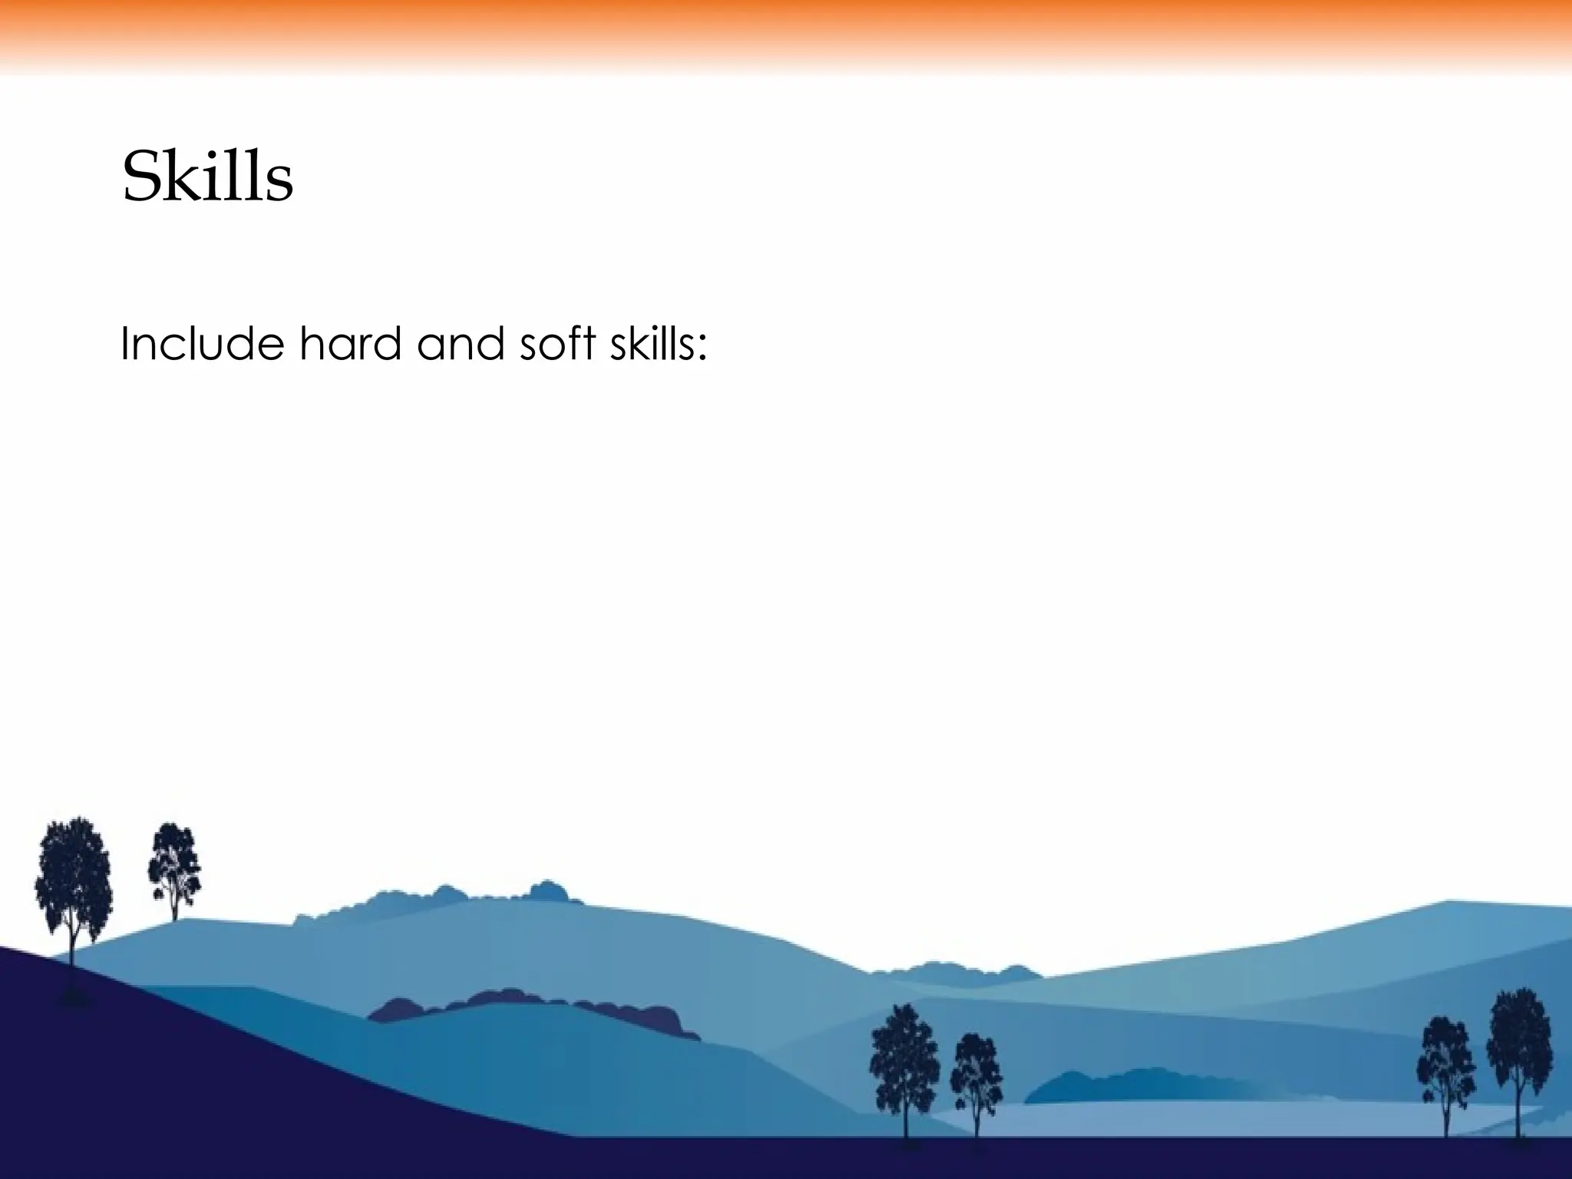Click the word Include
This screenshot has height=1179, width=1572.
[202, 343]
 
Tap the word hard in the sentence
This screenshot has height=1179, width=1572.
[350, 343]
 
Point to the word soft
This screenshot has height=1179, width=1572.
[557, 343]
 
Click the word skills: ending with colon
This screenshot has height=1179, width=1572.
[658, 343]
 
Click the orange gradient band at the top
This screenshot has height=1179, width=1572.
[786, 31]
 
